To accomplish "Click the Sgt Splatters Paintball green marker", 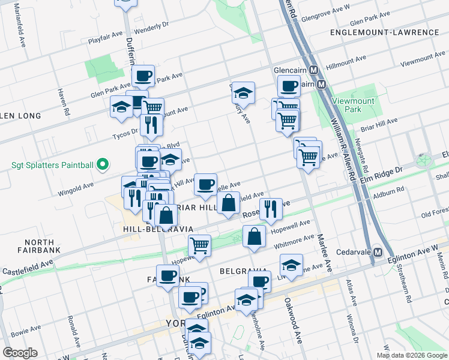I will tap(103, 164).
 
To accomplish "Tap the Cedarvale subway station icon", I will tap(378, 253).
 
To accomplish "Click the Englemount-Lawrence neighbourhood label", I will tap(384, 32).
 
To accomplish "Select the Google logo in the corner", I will tap(20, 352).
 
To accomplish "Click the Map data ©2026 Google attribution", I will tap(412, 355).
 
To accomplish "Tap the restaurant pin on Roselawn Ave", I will tap(272, 208).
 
